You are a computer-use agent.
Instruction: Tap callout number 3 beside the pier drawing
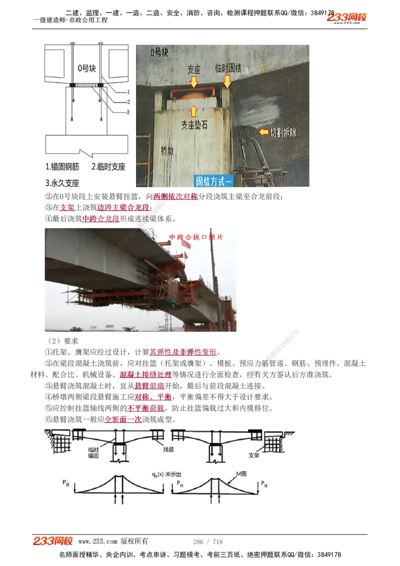(128, 112)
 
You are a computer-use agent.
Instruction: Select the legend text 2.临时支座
(108, 167)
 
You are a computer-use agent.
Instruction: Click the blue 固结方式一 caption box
(218, 180)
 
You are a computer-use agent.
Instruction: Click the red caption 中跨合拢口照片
(196, 237)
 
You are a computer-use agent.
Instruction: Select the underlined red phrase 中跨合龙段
(100, 218)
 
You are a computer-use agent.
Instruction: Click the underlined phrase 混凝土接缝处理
(145, 374)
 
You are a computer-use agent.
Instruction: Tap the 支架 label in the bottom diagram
(254, 455)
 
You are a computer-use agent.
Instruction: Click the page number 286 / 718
(207, 541)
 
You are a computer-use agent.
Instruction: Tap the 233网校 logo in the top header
(346, 17)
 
